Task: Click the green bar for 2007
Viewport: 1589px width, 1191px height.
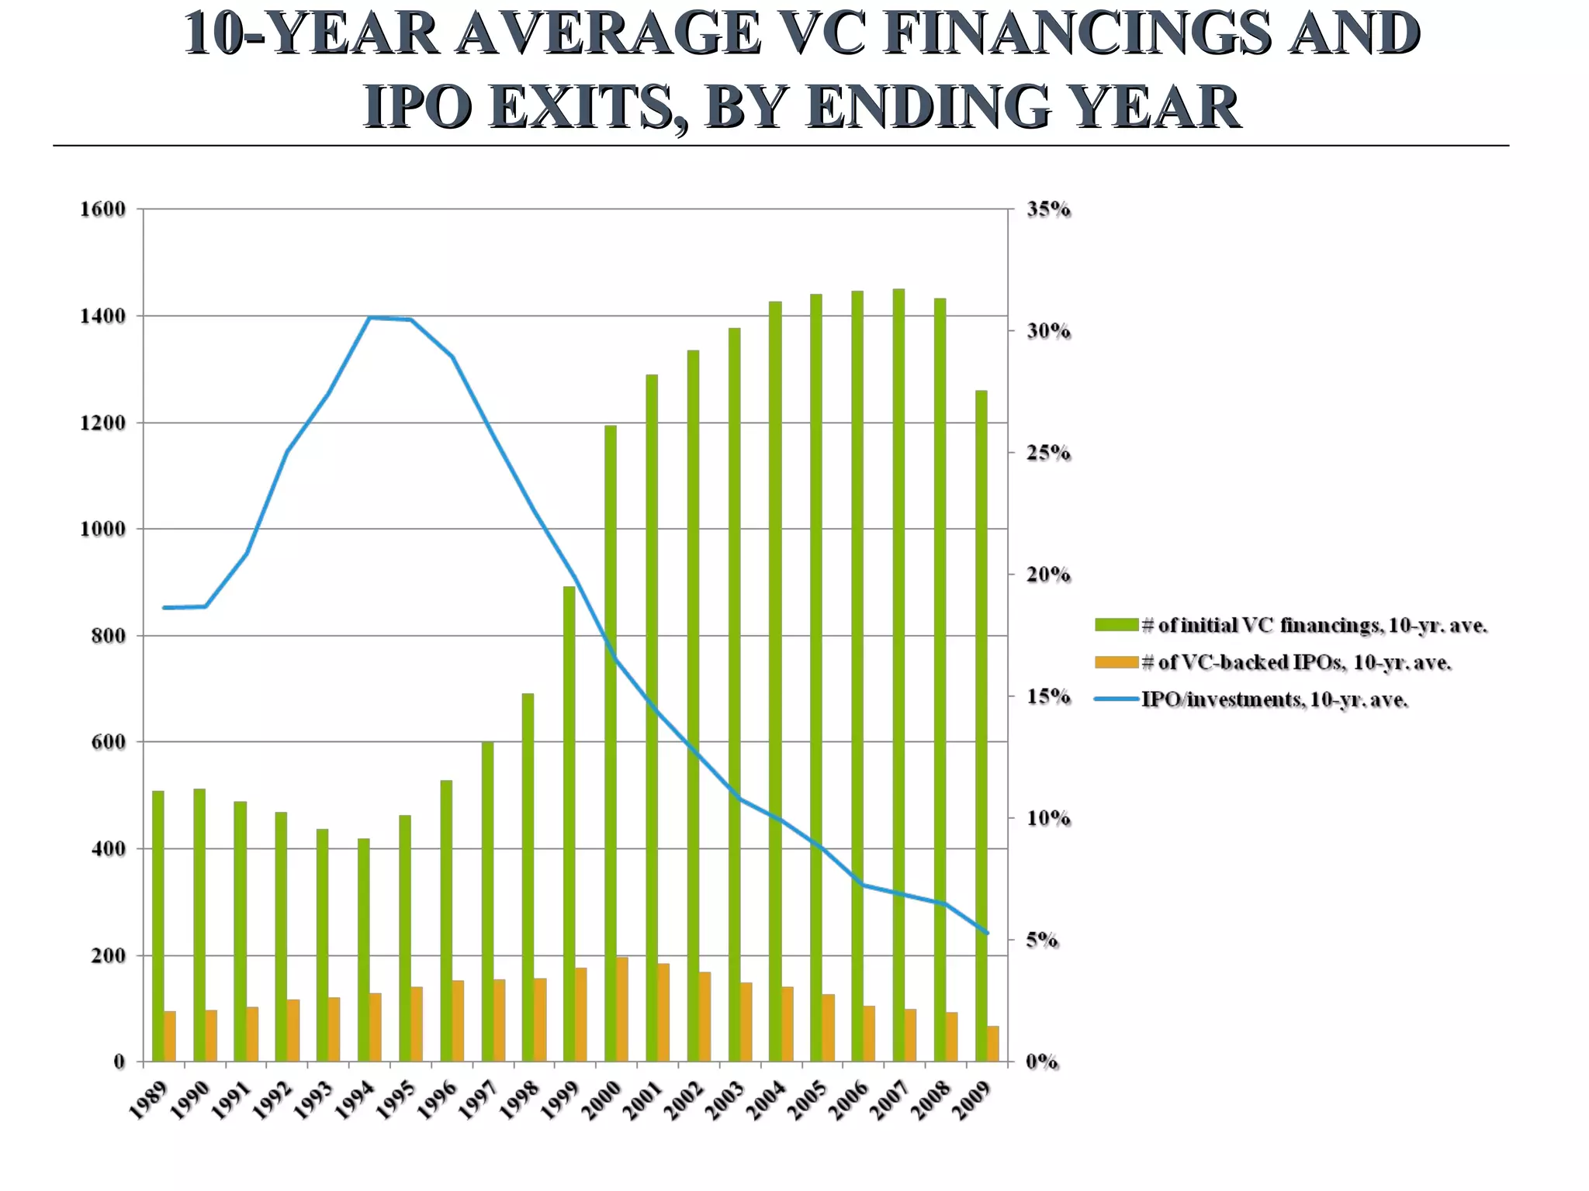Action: [898, 675]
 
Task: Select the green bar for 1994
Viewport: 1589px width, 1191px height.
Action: [364, 950]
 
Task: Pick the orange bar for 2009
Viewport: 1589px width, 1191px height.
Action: [992, 1044]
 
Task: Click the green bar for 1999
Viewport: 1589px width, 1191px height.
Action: [569, 823]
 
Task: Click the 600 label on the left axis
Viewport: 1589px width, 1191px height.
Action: [109, 742]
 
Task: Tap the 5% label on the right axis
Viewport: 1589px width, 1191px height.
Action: [1042, 941]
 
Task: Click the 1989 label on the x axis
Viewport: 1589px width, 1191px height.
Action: [147, 1102]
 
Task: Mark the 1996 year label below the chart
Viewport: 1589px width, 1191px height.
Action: [436, 1102]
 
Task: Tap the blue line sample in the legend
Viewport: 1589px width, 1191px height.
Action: [1117, 700]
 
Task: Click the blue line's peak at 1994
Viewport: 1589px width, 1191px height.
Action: [370, 318]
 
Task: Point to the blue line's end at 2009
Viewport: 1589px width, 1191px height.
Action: [987, 933]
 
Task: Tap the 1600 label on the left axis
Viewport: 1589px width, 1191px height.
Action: [103, 209]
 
